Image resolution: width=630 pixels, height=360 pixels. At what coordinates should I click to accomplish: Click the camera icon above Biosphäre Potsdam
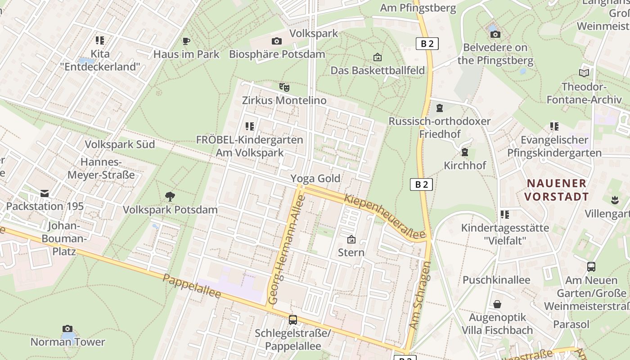pyautogui.click(x=277, y=41)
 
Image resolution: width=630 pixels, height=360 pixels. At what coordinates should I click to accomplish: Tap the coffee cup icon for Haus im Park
pyautogui.click(x=186, y=41)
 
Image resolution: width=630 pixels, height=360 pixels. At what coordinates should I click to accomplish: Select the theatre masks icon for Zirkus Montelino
pyautogui.click(x=284, y=87)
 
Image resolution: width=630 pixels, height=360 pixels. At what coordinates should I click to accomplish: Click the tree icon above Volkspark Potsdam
pyautogui.click(x=170, y=196)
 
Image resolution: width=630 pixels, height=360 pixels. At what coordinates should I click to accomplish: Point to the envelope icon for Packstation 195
pyautogui.click(x=45, y=193)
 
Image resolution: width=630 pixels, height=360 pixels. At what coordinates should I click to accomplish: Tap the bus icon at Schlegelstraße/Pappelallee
pyautogui.click(x=293, y=320)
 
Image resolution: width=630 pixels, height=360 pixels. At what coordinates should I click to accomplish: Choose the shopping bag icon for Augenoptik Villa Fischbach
pyautogui.click(x=497, y=305)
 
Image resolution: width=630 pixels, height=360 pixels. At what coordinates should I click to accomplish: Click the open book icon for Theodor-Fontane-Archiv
pyautogui.click(x=584, y=73)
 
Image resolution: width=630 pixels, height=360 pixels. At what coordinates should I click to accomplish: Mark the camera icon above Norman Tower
pyautogui.click(x=67, y=329)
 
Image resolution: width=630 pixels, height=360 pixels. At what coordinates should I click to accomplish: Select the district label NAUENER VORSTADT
pyautogui.click(x=556, y=190)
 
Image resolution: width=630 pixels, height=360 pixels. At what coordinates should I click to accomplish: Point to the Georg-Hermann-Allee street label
pyautogui.click(x=286, y=250)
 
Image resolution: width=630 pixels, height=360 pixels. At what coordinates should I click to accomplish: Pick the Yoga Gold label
pyautogui.click(x=315, y=179)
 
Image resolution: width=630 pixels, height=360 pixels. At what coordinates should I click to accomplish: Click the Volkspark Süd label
pyautogui.click(x=120, y=144)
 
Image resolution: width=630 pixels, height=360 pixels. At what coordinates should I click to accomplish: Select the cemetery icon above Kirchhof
pyautogui.click(x=465, y=152)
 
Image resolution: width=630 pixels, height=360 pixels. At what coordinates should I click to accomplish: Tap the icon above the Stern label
pyautogui.click(x=351, y=239)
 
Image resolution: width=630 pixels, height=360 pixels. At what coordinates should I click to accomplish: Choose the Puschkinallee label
pyautogui.click(x=496, y=280)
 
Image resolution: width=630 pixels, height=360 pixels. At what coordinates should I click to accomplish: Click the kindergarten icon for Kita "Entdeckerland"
pyautogui.click(x=100, y=40)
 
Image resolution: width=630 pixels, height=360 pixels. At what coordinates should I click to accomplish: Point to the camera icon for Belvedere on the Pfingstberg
pyautogui.click(x=495, y=34)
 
